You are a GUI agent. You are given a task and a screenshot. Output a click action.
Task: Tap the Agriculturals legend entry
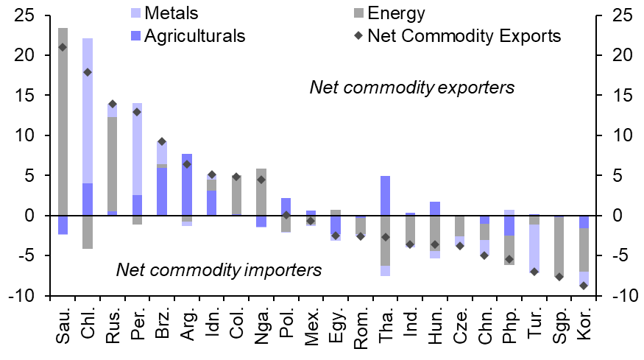coord(195,35)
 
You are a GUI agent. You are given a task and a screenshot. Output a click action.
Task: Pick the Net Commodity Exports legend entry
coord(464,35)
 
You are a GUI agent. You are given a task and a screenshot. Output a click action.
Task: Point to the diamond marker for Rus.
coord(113,104)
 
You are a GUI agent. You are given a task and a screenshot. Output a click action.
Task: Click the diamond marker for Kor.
coord(584,286)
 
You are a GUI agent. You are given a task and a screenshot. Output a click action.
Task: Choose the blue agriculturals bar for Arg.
coord(187,184)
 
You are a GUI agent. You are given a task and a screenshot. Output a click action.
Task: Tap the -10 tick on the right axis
coord(622,296)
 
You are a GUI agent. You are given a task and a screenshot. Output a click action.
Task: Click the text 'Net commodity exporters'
coord(411,88)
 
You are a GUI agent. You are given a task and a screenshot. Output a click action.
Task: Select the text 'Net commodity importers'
coord(219,269)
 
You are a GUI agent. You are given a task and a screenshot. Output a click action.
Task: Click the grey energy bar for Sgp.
coord(559,247)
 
